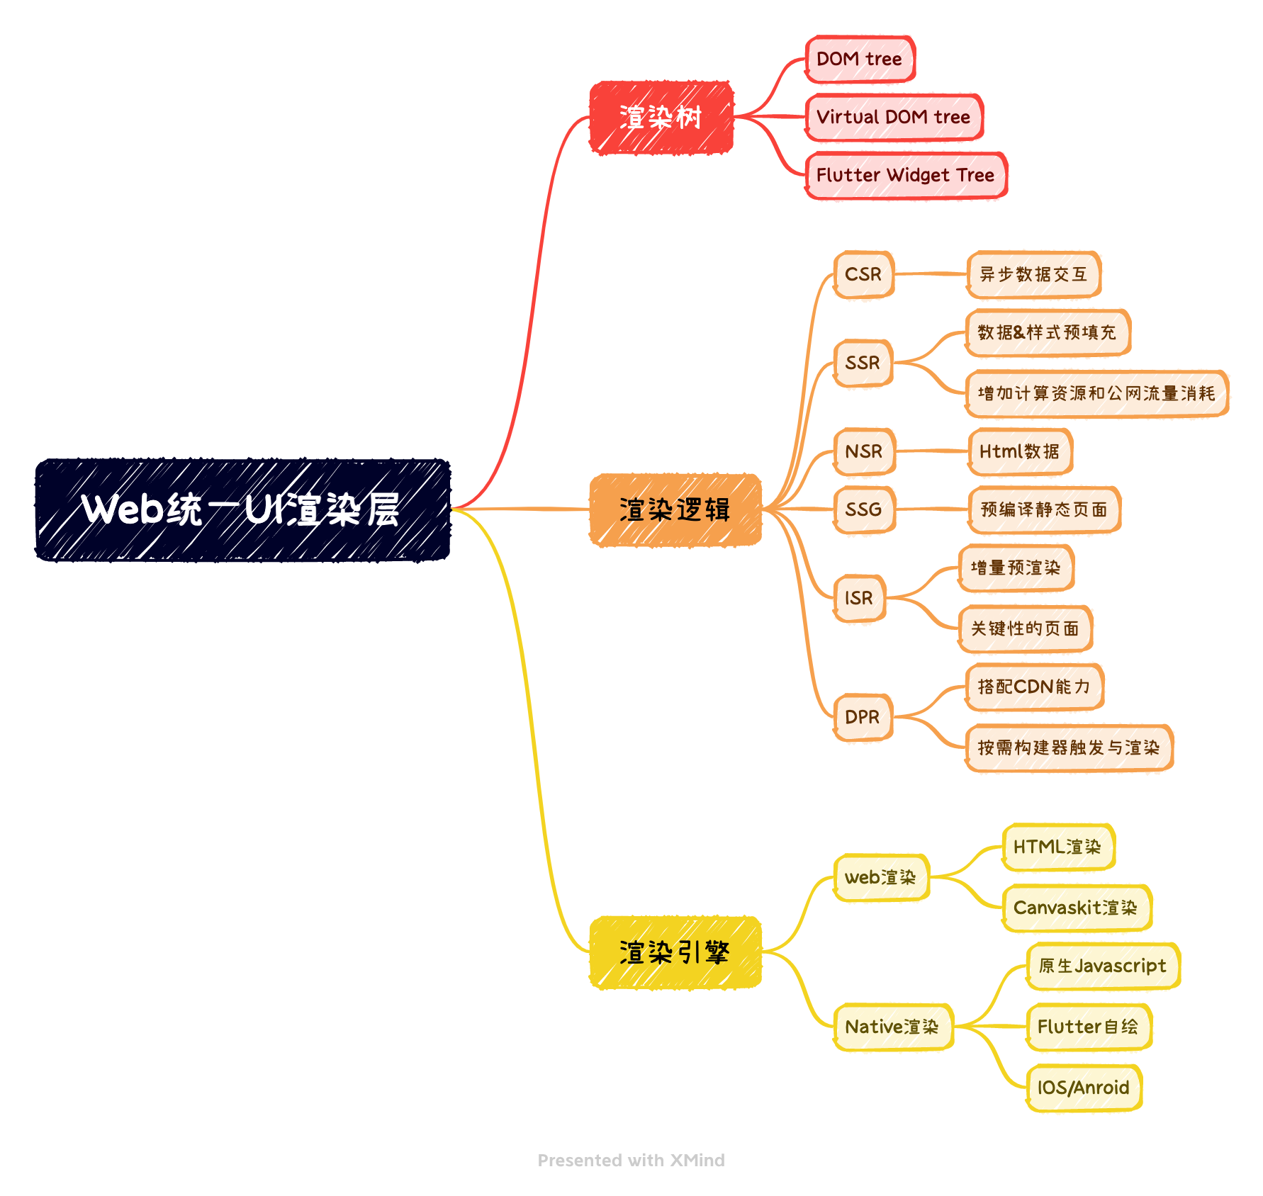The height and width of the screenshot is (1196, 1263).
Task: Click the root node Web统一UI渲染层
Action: (243, 510)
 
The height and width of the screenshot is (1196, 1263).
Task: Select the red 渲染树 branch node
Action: (661, 118)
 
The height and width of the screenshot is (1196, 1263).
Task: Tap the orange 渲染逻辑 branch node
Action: (675, 510)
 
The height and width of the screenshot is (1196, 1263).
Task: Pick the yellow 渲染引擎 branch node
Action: (675, 953)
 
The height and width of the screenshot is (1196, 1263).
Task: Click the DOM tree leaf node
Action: (860, 60)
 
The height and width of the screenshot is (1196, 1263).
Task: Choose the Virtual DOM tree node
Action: (894, 118)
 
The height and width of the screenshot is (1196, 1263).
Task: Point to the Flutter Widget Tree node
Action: (906, 176)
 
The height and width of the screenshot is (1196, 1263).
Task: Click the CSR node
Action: (863, 275)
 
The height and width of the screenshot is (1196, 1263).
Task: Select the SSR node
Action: (863, 363)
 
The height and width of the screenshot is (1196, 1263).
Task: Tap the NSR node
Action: (864, 452)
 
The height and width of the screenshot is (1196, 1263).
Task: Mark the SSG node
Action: (864, 510)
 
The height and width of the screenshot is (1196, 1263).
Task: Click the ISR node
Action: (859, 599)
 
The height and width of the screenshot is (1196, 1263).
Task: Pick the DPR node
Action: (863, 718)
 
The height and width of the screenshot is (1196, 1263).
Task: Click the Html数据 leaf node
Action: (1020, 452)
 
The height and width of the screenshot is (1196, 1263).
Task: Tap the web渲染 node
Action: (881, 878)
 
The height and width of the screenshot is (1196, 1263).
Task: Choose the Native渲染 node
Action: (892, 1027)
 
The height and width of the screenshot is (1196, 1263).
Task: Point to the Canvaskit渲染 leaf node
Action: (1076, 908)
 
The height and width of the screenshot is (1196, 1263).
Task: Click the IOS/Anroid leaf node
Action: (1084, 1088)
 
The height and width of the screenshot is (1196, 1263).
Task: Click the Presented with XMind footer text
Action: (631, 1161)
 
